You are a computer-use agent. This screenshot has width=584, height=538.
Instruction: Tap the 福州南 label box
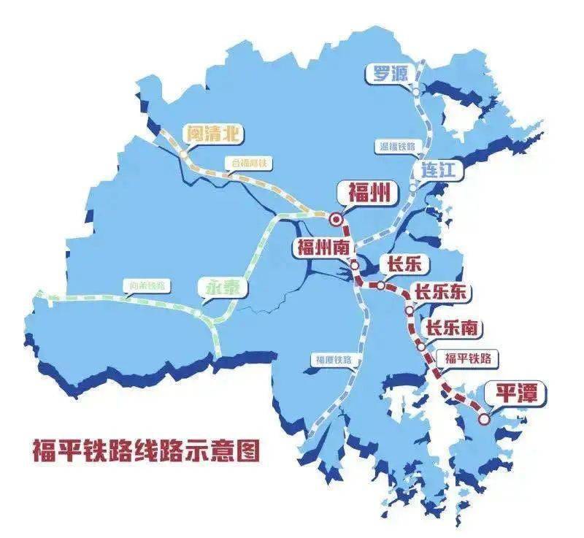(x=322, y=247)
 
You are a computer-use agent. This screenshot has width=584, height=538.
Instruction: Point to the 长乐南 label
(x=452, y=328)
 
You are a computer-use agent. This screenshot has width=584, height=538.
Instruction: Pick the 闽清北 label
(x=214, y=134)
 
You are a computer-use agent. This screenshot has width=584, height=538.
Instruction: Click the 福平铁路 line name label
(x=468, y=358)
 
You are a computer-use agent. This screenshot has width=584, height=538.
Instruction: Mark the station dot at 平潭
(x=484, y=418)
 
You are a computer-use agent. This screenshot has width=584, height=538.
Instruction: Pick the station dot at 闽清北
(x=184, y=154)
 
